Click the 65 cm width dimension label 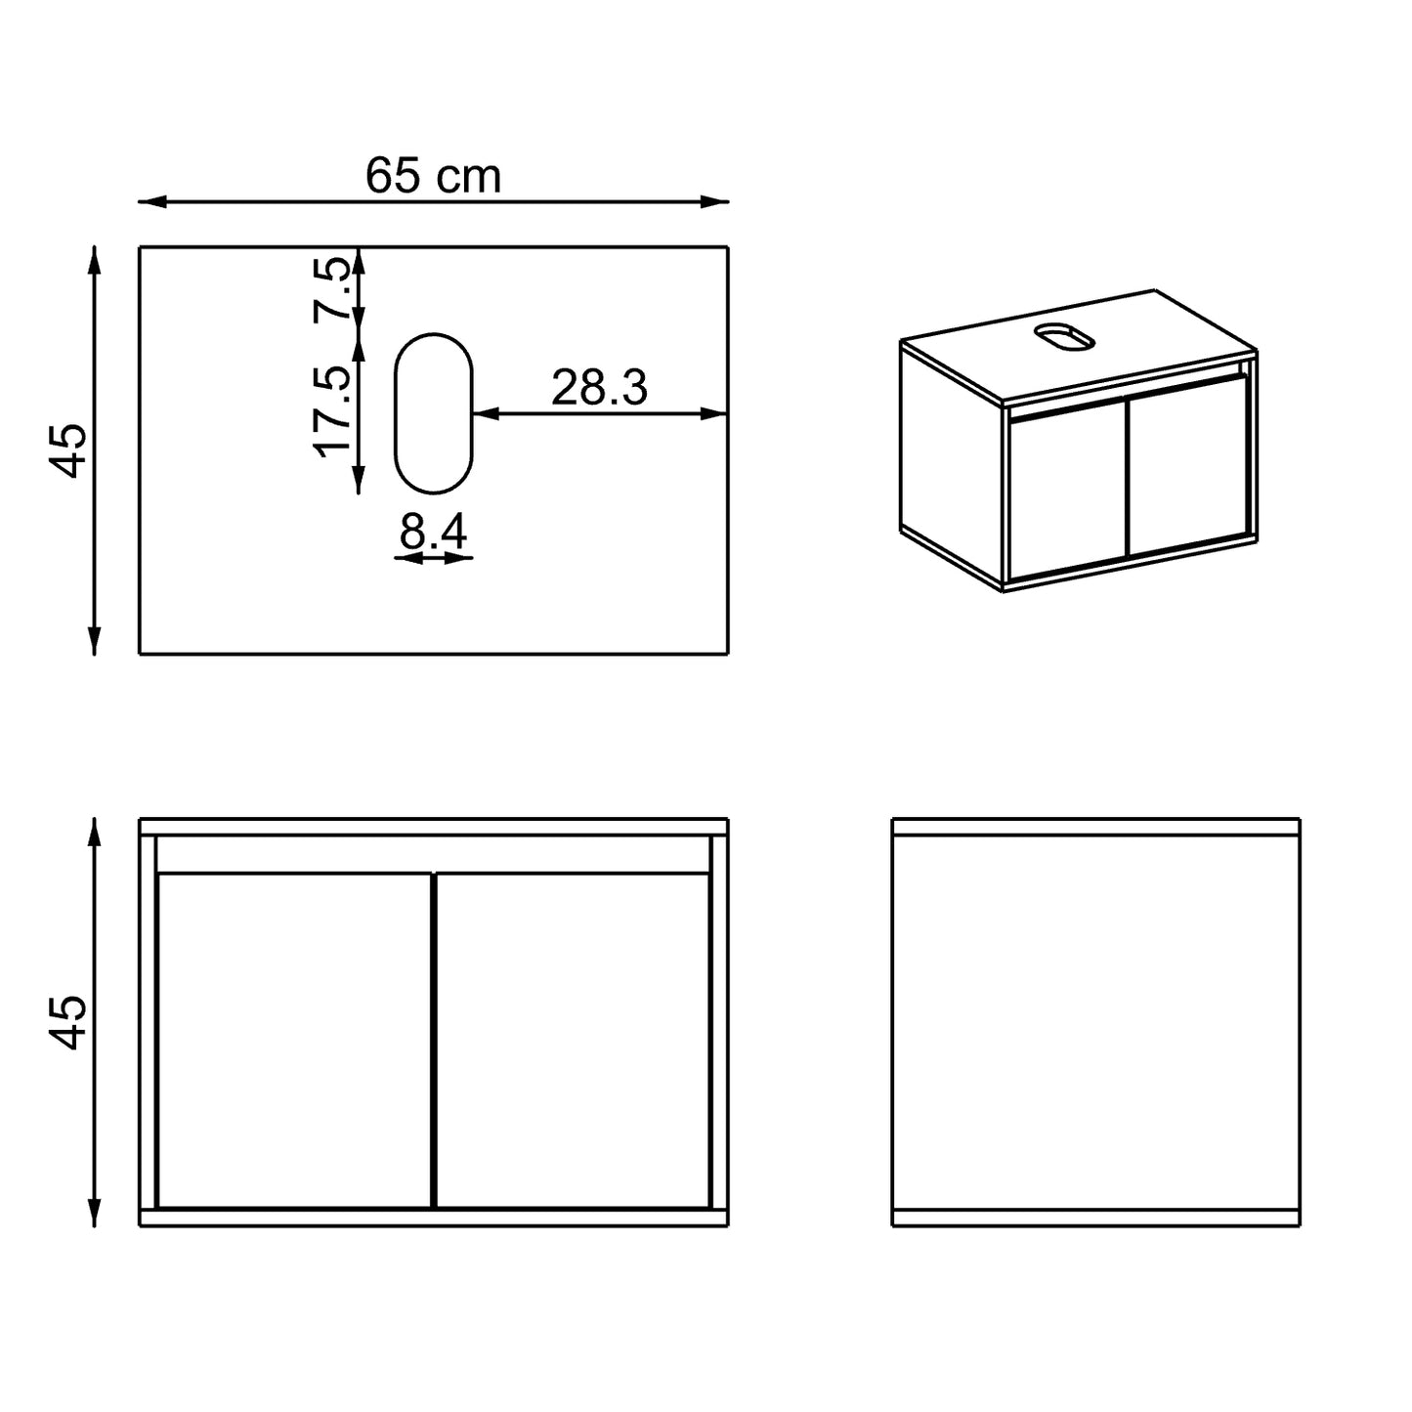(433, 177)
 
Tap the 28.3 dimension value (599, 388)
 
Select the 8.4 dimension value (434, 533)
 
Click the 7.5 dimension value (332, 289)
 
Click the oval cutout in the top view (433, 413)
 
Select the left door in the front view (293, 1041)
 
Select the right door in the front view (573, 1041)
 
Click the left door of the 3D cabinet (1068, 491)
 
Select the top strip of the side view (1095, 827)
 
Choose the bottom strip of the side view (1095, 1217)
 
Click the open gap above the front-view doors (433, 853)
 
